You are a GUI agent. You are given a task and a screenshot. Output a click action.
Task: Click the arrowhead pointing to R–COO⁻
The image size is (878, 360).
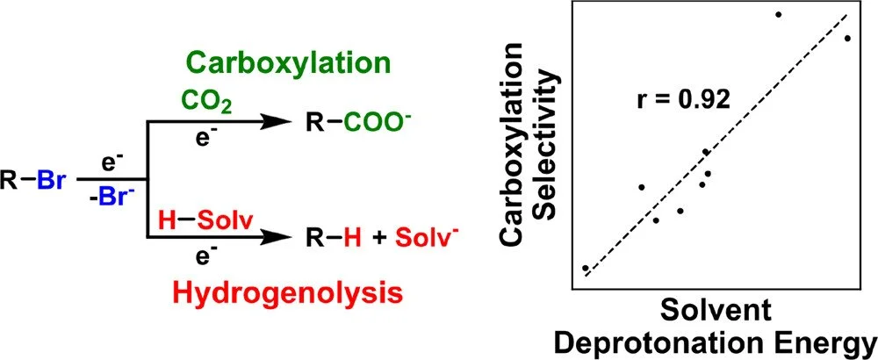tap(286, 124)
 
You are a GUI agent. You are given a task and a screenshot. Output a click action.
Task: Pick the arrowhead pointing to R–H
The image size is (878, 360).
tap(286, 238)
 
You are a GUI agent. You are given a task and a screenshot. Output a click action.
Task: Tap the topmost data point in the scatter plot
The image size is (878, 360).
tap(779, 14)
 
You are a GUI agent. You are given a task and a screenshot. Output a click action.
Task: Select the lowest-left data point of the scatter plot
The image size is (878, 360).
tap(585, 267)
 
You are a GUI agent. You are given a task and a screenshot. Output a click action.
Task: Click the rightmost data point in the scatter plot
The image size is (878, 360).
tap(847, 38)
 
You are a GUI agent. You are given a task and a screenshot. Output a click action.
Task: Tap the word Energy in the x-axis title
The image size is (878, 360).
tap(826, 340)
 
